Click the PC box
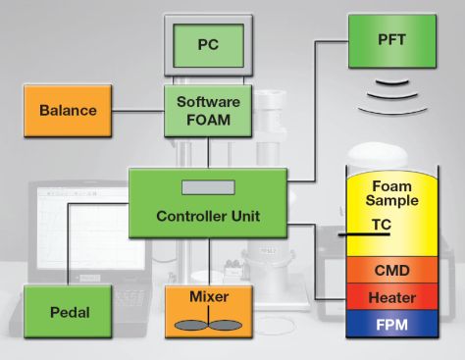pos(207,45)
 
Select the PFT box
pos(392,40)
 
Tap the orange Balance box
pos(68,110)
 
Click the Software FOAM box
pos(208,109)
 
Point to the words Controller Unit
pos(208,215)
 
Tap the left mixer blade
pos(191,324)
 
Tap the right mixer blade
pos(226,324)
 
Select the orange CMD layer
pos(392,269)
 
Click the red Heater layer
pos(392,296)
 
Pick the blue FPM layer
pos(392,322)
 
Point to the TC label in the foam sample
pos(385,224)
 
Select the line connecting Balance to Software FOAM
pos(138,110)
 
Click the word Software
pos(208,101)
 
